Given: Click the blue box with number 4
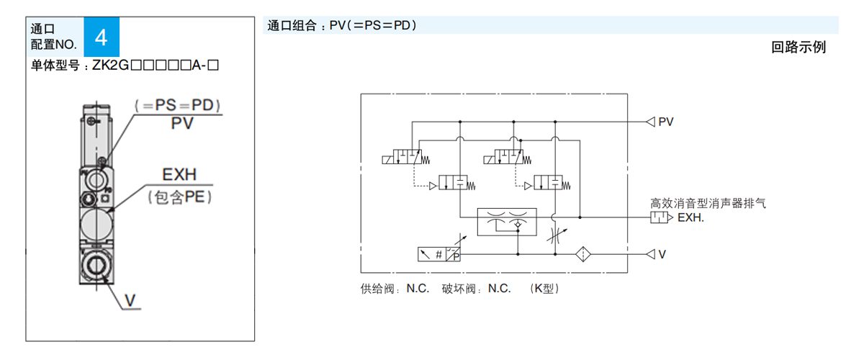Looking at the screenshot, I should (102, 37).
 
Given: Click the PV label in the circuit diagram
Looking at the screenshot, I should (666, 122).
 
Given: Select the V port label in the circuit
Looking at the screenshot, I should (662, 253).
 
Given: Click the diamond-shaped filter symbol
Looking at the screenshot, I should (583, 253).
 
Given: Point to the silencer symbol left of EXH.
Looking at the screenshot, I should (661, 217).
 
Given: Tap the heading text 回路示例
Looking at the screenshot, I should (798, 48).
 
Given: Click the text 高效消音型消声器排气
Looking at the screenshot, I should (708, 203).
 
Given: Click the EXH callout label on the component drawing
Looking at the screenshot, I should (179, 175).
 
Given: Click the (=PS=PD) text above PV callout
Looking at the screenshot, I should (178, 104).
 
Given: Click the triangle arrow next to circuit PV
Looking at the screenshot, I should (650, 122).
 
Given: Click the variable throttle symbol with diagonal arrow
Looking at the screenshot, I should (554, 235).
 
